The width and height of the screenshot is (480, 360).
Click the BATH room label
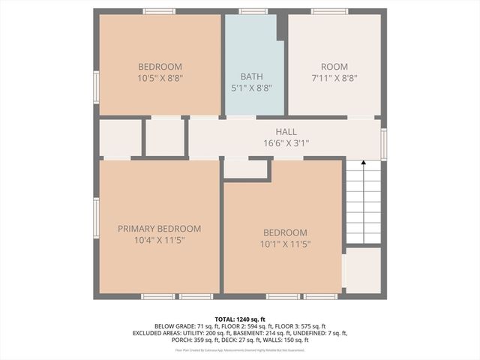[251, 76]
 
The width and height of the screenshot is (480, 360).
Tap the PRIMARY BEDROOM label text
[159, 229]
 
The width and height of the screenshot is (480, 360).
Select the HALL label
[286, 132]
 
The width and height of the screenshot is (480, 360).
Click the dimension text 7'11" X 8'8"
[334, 77]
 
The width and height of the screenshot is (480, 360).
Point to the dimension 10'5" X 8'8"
[160, 77]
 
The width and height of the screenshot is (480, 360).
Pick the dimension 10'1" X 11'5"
[284, 244]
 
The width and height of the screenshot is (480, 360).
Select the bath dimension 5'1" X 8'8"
[251, 88]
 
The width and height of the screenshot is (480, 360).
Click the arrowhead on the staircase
[363, 164]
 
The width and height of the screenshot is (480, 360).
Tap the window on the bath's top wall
[253, 11]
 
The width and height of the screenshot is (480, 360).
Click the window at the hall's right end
[383, 143]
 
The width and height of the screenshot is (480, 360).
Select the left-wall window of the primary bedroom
[96, 217]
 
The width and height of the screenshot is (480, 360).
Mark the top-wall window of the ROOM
[329, 11]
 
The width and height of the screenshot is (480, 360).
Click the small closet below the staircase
[363, 270]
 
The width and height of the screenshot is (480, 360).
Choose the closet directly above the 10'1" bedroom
[245, 169]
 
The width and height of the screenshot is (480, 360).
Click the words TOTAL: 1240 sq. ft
[240, 319]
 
